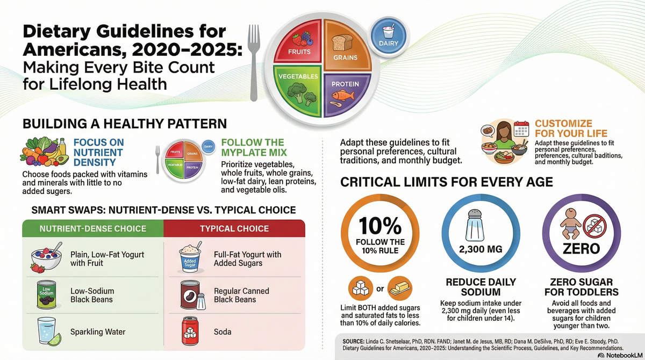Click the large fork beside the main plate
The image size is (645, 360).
[253, 59]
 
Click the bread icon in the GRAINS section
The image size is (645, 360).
[341, 42]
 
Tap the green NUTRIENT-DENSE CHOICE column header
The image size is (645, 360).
[92, 228]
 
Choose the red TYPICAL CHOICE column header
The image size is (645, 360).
[234, 228]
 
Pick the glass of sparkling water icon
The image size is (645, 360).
[46, 331]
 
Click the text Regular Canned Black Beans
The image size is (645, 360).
[241, 295]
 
